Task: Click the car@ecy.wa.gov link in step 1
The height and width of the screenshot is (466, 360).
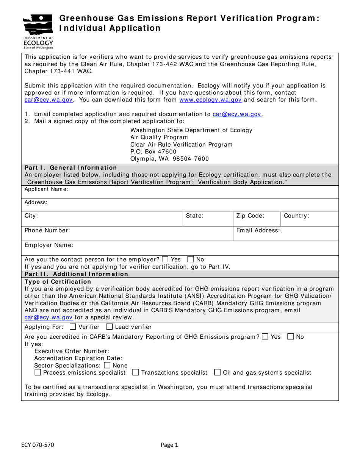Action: point(237,114)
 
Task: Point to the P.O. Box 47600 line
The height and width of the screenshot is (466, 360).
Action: point(153,152)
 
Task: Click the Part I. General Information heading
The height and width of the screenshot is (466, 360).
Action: point(71,167)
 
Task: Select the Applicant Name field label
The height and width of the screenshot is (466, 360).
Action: point(46,189)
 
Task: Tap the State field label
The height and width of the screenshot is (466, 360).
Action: point(195,216)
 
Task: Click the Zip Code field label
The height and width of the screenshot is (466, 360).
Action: point(250,216)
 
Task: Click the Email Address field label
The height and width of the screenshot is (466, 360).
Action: point(258,230)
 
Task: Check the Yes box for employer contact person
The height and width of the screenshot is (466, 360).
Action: point(165,260)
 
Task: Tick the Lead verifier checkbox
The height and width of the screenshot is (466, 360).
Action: point(110,327)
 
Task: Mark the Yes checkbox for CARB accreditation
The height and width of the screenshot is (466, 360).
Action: point(265,336)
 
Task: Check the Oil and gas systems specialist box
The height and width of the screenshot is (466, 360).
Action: point(217,373)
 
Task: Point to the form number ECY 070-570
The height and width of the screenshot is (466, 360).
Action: point(38,446)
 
